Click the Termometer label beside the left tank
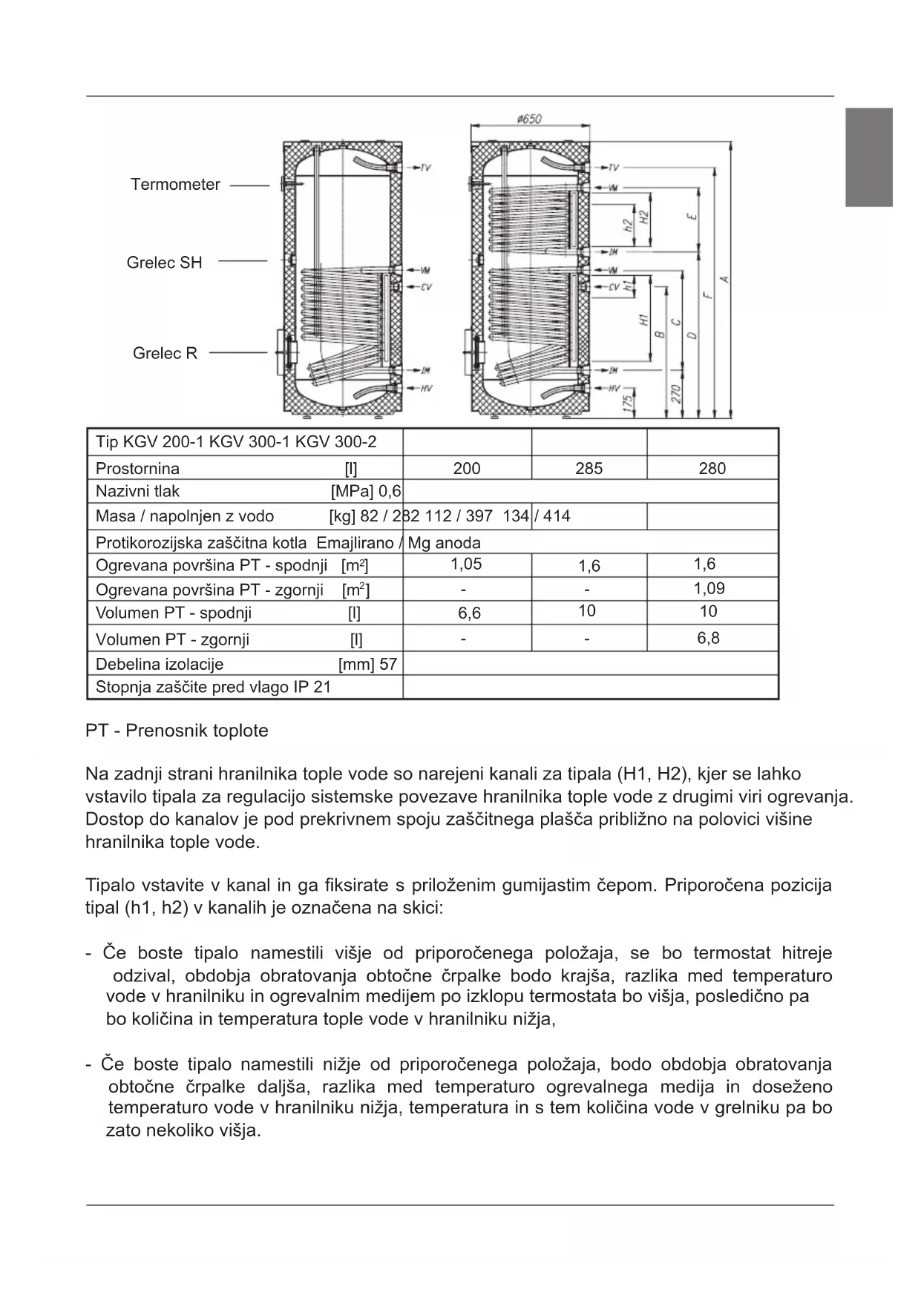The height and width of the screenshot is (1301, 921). coord(175,185)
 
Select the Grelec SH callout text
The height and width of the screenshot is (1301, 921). coord(164,263)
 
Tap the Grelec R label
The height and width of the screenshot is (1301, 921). coord(165,353)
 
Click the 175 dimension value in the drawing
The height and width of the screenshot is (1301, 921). coord(628,403)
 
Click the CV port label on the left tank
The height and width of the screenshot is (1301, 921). coord(425,287)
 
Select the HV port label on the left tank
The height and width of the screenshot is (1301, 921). coord(425,388)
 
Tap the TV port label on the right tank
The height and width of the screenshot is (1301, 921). coord(613,168)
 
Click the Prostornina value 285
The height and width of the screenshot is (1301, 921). coord(589,469)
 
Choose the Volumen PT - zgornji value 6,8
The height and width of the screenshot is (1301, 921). coord(708,638)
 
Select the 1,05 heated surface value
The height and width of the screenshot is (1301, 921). coord(466,564)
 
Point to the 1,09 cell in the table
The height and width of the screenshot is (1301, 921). coord(709,588)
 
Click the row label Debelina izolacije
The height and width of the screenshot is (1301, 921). coord(160,664)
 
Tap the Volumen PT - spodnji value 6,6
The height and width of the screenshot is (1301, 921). coord(469,613)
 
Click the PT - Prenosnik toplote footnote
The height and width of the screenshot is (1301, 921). coord(177,731)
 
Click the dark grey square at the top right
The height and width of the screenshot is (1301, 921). coord(869,157)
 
